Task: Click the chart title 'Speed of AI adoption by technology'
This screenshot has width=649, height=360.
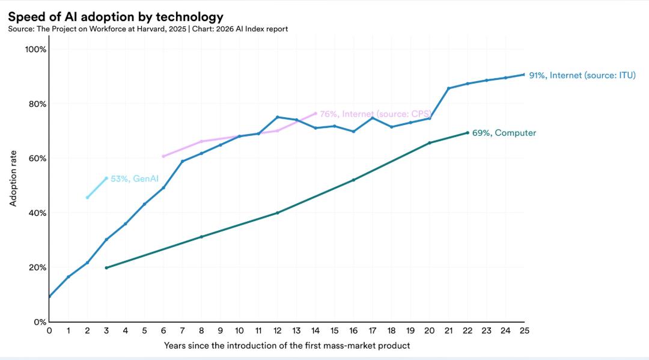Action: pyautogui.click(x=115, y=17)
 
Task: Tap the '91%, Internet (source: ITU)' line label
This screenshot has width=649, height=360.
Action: pyautogui.click(x=582, y=75)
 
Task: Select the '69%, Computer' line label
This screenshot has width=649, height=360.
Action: pyautogui.click(x=504, y=133)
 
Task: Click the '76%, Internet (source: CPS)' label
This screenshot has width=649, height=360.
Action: pyautogui.click(x=375, y=114)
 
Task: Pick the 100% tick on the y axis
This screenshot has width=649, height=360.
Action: pyautogui.click(x=35, y=49)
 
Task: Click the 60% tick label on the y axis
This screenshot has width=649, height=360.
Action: pyautogui.click(x=37, y=159)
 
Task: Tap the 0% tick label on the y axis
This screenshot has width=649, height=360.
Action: pyautogui.click(x=39, y=322)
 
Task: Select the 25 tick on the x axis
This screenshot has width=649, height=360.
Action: pyautogui.click(x=524, y=331)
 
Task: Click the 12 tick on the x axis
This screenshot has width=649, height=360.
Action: pyautogui.click(x=277, y=331)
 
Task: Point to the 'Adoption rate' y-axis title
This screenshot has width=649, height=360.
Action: pyautogui.click(x=13, y=178)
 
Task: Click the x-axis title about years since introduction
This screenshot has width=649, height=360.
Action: pyautogui.click(x=287, y=346)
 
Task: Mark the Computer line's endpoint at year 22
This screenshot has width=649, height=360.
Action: pyautogui.click(x=468, y=133)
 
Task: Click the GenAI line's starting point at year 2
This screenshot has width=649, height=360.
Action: pyautogui.click(x=87, y=198)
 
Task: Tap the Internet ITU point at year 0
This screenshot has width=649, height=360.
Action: pyautogui.click(x=49, y=296)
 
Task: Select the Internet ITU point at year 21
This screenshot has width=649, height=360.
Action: pyautogui.click(x=448, y=88)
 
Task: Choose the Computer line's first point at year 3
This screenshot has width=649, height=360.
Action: pyautogui.click(x=106, y=267)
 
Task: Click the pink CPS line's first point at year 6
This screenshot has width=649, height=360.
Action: pyautogui.click(x=163, y=156)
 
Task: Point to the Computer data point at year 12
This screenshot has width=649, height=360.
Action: pyautogui.click(x=277, y=213)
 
